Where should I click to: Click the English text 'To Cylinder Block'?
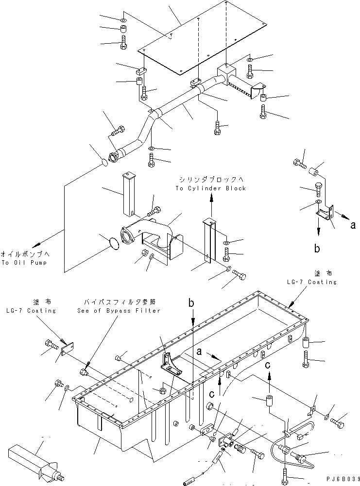pyautogui.click(x=211, y=188)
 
